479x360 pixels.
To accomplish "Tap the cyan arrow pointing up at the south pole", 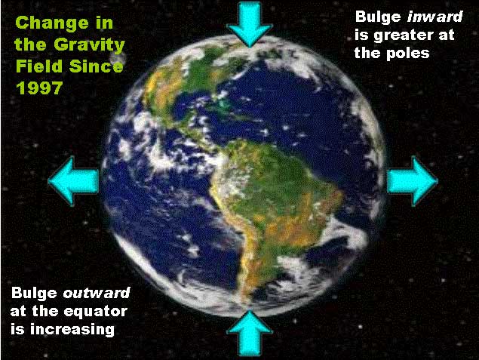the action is click(x=250, y=333).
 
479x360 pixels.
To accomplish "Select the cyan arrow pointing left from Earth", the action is click(x=73, y=181).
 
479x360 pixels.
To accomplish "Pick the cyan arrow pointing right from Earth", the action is click(x=413, y=181).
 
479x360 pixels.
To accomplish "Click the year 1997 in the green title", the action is click(x=39, y=88).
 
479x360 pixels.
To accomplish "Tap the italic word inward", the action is click(x=434, y=17).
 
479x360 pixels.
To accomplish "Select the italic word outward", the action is click(x=97, y=293).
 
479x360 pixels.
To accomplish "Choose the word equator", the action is click(x=96, y=312).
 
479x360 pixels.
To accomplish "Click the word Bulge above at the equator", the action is click(x=34, y=293).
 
